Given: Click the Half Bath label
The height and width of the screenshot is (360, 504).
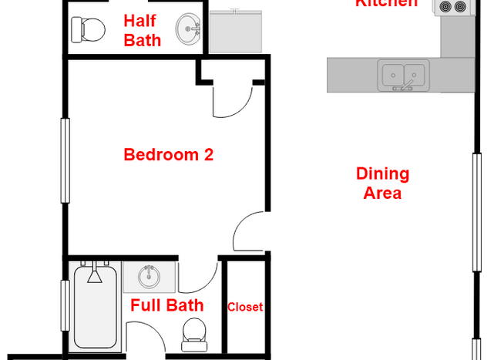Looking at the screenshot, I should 143,30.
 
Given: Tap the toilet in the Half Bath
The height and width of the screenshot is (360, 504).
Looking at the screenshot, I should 87,30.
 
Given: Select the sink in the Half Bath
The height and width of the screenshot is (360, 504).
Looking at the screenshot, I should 187,31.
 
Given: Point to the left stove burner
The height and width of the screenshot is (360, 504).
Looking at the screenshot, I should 445,7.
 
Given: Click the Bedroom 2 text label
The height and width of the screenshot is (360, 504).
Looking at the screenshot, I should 168,155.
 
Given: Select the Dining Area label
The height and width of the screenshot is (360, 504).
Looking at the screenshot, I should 382,183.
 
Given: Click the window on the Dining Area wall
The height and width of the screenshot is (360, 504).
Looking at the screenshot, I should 477,212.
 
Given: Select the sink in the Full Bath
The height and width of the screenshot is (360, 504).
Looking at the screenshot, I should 150,276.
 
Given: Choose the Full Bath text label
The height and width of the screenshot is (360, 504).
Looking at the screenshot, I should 166,305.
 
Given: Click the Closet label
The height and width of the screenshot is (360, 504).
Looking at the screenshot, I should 245,307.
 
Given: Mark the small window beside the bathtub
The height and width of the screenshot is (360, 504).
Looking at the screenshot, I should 66,305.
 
